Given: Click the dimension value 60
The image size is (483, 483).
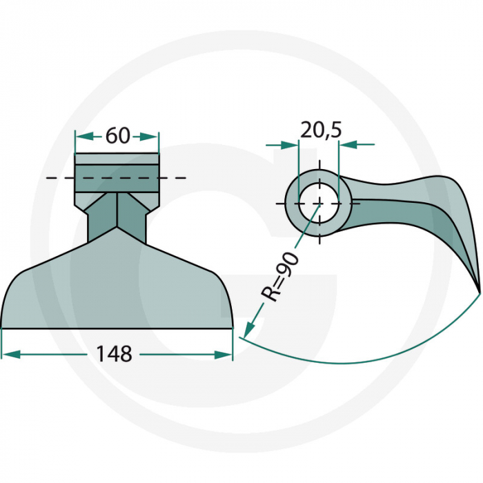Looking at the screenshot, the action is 117,135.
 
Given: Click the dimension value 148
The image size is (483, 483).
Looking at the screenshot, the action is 114,354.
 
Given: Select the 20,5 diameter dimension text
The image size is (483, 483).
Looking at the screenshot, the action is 321,130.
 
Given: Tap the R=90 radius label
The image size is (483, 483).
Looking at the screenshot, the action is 279,277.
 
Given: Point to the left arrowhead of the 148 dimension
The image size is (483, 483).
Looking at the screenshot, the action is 11,354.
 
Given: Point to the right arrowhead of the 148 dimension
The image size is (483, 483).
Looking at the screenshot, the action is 224,355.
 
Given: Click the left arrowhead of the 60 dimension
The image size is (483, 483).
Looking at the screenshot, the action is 85,137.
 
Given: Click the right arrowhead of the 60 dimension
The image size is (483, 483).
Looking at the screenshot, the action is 149,137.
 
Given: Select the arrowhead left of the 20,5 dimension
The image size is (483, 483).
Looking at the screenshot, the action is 290,145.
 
